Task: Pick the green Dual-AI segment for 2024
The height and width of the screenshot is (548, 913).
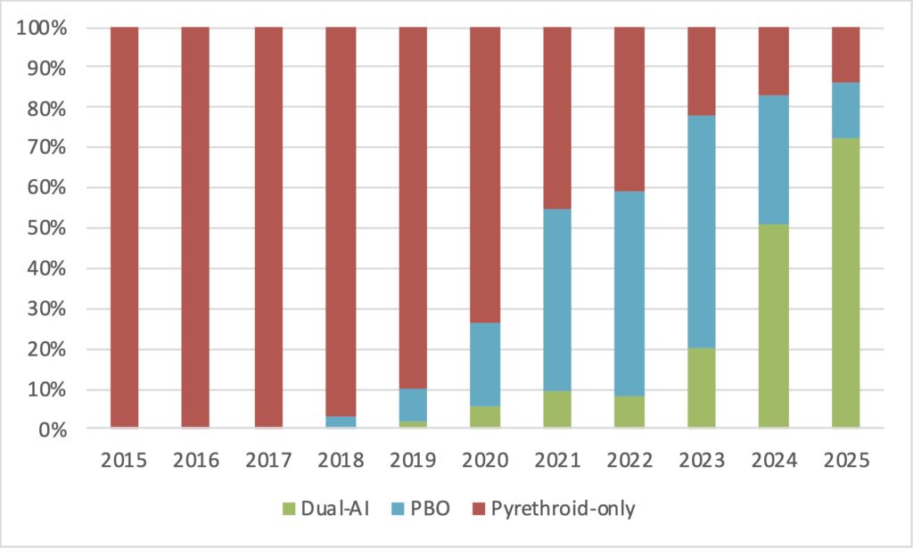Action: [x=773, y=326]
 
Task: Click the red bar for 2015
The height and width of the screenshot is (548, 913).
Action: [x=124, y=228]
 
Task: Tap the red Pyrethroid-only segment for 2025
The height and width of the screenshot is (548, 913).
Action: [x=845, y=54]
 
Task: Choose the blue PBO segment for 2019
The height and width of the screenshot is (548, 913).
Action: [x=412, y=405]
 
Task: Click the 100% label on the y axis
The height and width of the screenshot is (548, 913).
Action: [x=43, y=28]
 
